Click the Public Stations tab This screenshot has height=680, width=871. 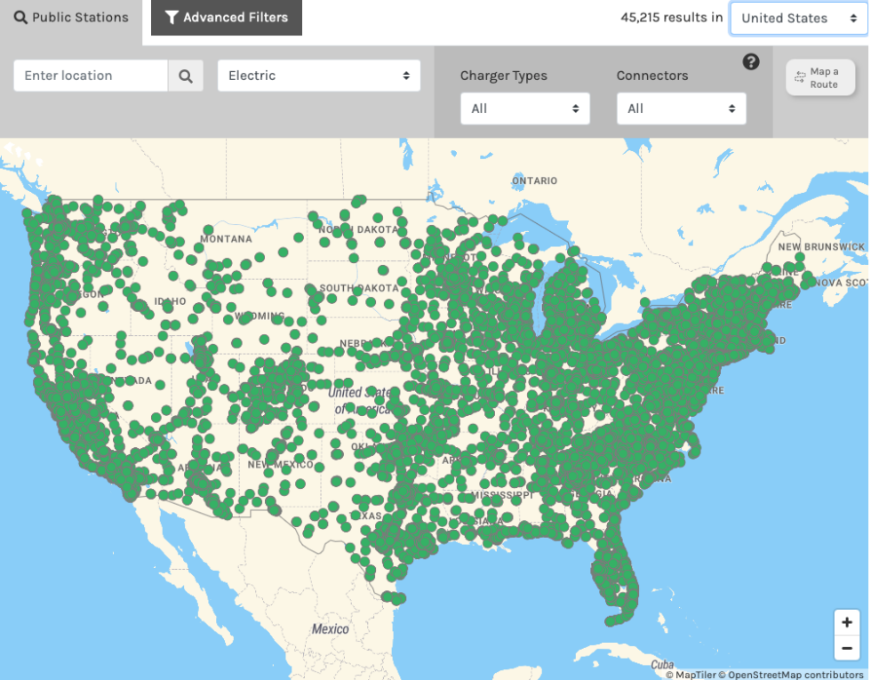(x=71, y=18)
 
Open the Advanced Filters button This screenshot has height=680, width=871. (x=226, y=18)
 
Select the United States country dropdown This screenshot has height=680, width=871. (x=797, y=18)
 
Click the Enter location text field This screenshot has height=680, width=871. (x=91, y=76)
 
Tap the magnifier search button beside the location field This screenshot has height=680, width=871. (x=186, y=76)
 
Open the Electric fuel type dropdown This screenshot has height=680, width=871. (x=318, y=76)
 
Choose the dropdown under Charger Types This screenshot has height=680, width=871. (x=524, y=108)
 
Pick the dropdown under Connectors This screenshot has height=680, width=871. (x=681, y=108)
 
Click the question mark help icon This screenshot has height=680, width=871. (x=751, y=61)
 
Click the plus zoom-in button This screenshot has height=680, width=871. (x=847, y=622)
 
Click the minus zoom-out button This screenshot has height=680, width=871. (x=847, y=648)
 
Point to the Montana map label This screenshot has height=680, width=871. (x=226, y=239)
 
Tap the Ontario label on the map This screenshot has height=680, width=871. (x=534, y=180)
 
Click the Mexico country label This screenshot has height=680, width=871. (x=330, y=629)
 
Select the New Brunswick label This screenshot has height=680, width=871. (x=820, y=246)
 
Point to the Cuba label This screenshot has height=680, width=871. (x=662, y=665)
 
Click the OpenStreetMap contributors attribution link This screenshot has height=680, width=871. (x=795, y=675)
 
